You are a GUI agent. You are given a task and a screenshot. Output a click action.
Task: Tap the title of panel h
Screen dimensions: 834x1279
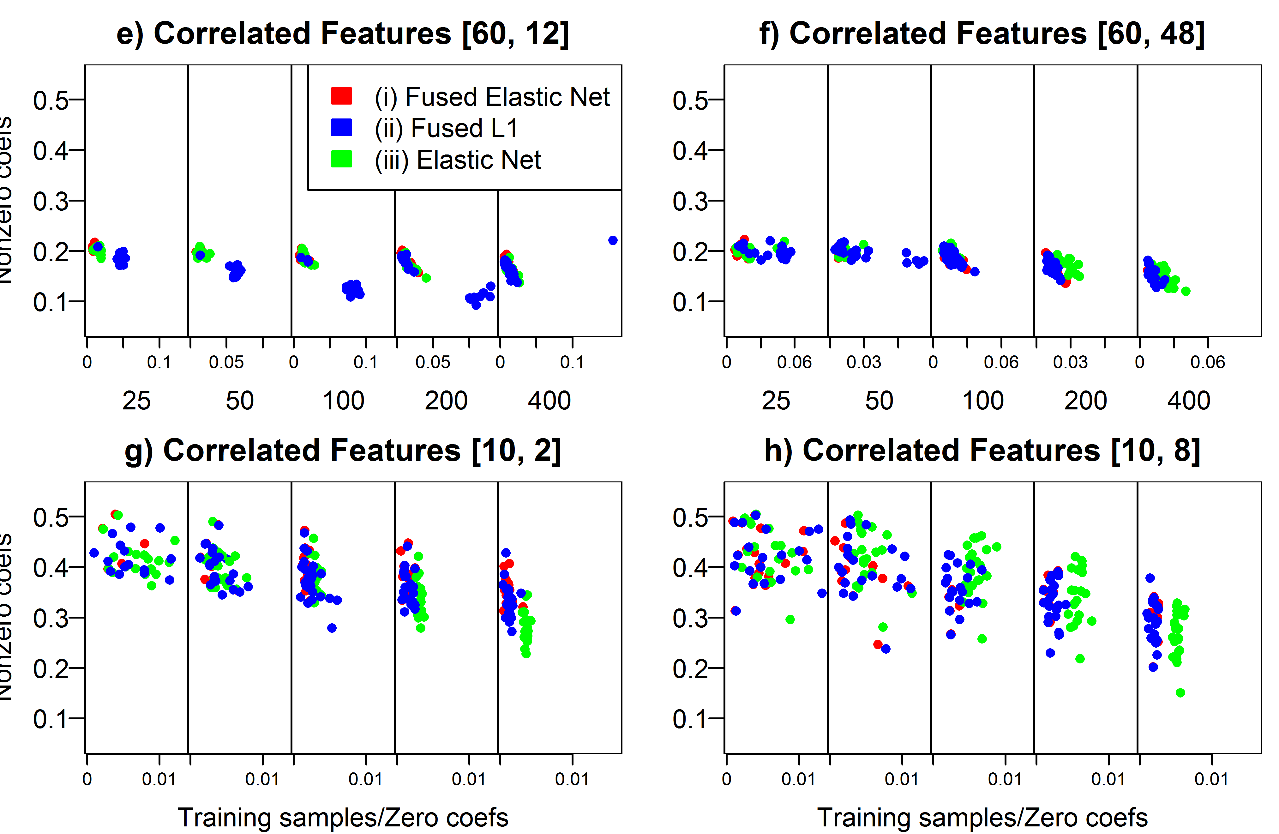(x=982, y=450)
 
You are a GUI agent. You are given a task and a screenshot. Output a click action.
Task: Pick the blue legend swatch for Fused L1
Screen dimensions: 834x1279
(x=341, y=127)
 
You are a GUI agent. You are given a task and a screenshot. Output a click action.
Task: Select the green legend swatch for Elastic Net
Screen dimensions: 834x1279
(x=341, y=159)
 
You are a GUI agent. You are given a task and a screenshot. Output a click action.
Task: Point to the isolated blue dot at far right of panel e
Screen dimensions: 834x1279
(x=613, y=240)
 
